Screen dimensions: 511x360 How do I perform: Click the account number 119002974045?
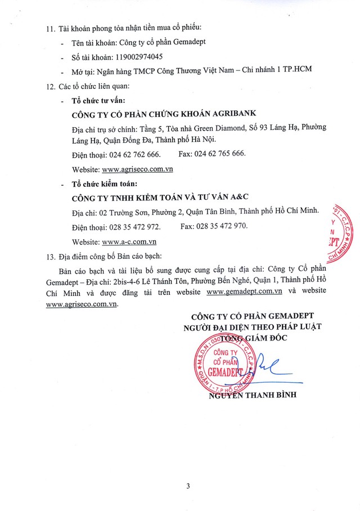click(x=136, y=56)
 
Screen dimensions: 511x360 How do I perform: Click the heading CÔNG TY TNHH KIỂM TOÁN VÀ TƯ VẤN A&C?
click(x=160, y=198)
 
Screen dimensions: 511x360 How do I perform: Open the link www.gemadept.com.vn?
click(x=244, y=291)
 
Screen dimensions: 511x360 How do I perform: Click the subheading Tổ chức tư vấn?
click(x=105, y=101)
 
